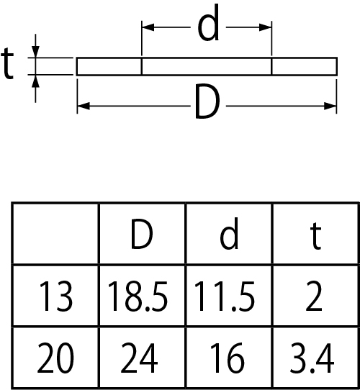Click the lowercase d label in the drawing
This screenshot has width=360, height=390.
(x=208, y=23)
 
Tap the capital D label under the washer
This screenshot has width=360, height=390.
(x=208, y=101)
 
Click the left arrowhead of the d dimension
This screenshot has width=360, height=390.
(x=148, y=27)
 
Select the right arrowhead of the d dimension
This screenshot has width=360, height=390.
(x=265, y=27)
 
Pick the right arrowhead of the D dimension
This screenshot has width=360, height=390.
(x=330, y=106)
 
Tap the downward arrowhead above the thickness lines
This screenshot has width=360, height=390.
(x=35, y=52)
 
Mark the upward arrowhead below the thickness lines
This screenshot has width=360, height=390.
(x=35, y=81)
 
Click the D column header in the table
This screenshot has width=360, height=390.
(x=141, y=234)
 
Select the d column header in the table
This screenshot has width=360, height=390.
(x=229, y=233)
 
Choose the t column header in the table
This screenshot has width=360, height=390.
(x=315, y=235)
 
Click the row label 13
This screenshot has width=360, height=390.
(x=55, y=296)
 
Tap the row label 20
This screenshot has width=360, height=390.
(x=55, y=358)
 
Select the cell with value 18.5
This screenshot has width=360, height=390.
(x=138, y=296)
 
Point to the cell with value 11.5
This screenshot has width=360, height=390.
(x=224, y=296)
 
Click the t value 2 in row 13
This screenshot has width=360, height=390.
(x=314, y=296)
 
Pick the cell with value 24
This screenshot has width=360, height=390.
(x=139, y=358)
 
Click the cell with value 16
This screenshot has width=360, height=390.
(x=227, y=358)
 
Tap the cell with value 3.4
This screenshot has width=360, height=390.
(x=312, y=358)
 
